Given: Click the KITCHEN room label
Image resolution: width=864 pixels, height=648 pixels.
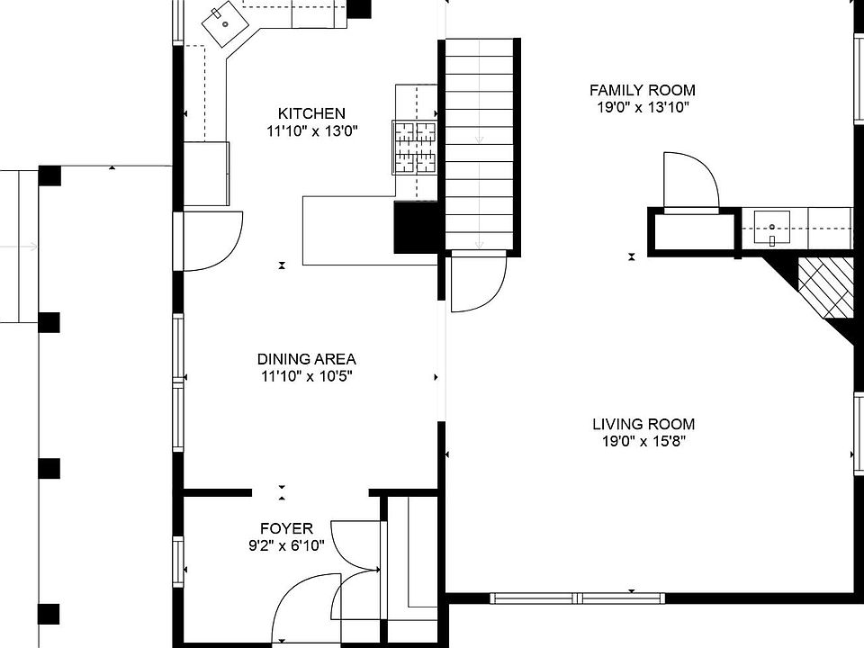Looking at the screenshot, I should tap(310, 113).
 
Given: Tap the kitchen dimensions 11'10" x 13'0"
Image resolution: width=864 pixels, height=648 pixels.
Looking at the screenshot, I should tap(311, 130).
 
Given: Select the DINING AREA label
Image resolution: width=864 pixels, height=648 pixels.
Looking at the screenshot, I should tap(306, 358).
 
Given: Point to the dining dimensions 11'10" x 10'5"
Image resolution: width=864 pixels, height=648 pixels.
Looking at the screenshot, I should tap(306, 376).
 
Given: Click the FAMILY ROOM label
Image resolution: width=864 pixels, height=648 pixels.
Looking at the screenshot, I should tap(642, 90).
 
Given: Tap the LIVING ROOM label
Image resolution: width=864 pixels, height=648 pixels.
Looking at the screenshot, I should tap(643, 424).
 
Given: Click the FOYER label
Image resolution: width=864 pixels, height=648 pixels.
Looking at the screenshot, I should tap(286, 528).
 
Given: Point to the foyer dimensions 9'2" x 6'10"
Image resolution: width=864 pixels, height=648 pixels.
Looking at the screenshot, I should tap(286, 545).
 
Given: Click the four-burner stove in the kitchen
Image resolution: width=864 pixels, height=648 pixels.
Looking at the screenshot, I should tap(414, 147).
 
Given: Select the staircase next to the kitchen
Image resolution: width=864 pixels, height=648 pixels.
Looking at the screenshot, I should tap(480, 144).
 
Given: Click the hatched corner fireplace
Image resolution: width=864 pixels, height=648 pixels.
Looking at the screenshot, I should tap(825, 286).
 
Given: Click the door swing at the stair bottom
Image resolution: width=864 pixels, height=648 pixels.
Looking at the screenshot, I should tap(477, 281).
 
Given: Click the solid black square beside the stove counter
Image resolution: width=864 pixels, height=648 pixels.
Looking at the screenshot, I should tap(415, 227).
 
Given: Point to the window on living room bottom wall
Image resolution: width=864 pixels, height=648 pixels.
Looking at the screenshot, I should tap(577, 598).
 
